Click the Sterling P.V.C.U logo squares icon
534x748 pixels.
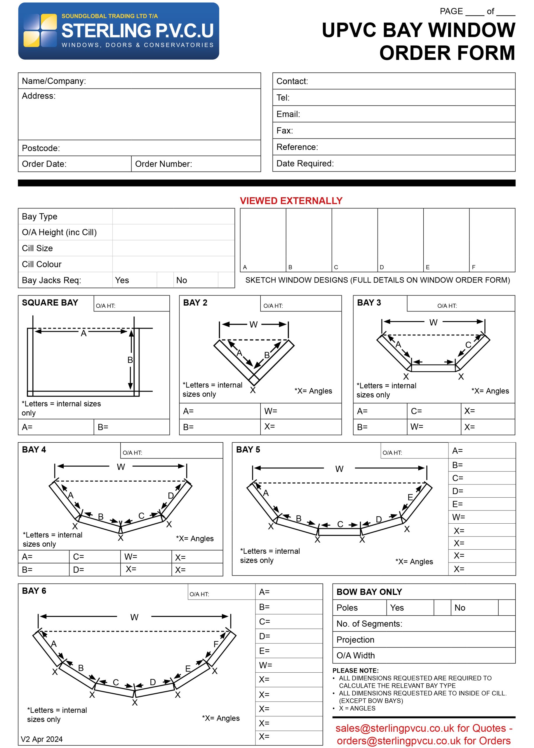(40, 30)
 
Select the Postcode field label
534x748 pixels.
(41, 148)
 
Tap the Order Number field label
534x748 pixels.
(163, 164)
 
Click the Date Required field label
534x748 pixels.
(305, 164)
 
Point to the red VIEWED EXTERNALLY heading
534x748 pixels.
(291, 201)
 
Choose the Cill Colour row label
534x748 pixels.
(42, 264)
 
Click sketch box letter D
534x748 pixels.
(382, 267)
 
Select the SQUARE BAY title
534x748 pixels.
(50, 302)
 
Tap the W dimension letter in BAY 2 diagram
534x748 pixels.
(253, 324)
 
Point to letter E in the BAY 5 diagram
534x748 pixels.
(410, 497)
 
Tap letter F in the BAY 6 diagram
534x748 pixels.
(216, 644)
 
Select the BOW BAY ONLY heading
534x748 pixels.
(369, 592)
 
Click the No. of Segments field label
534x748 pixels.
(369, 624)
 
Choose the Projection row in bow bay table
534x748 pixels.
(355, 639)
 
